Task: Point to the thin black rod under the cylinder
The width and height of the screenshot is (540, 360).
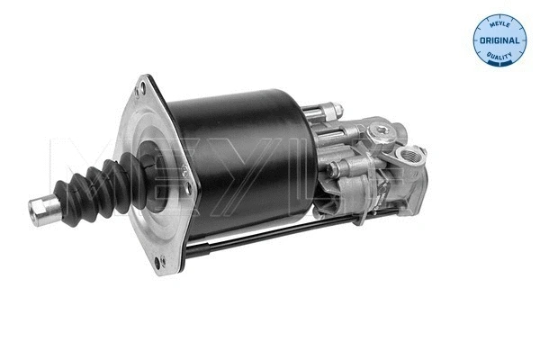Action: coord(270,235)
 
